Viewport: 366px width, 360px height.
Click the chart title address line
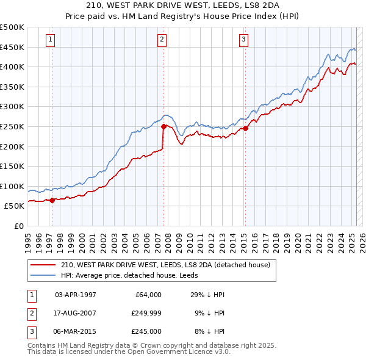(182, 7)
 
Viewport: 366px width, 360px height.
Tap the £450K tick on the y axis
(12, 47)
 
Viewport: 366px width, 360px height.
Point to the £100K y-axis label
(12, 186)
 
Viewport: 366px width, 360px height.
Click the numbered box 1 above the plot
(50, 40)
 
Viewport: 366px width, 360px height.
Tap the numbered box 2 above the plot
(162, 40)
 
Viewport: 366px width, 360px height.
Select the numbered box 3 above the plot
(243, 40)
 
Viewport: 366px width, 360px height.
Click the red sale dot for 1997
(52, 200)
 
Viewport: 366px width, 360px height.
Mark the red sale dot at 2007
(163, 126)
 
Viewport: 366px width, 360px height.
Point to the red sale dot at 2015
(245, 128)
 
